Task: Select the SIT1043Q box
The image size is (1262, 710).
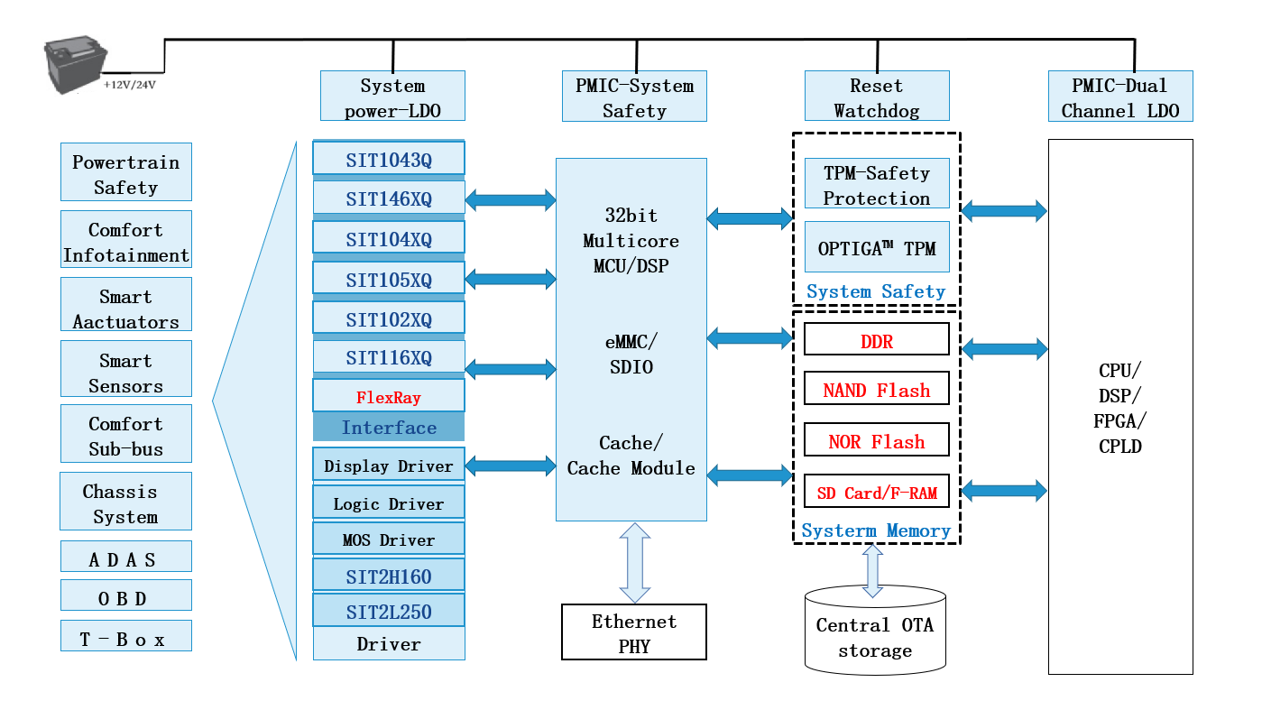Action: (389, 160)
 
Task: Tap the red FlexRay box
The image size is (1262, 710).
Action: (389, 397)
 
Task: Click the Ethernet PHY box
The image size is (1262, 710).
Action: (634, 632)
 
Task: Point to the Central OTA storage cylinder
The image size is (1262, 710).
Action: (875, 631)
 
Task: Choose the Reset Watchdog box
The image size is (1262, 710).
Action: (876, 97)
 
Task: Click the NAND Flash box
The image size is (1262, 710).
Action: (876, 390)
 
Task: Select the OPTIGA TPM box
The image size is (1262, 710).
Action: (876, 248)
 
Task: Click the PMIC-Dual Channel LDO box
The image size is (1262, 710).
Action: (1120, 97)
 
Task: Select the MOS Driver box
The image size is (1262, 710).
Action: (389, 539)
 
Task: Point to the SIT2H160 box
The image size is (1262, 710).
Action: (389, 576)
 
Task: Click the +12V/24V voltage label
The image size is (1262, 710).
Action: (130, 85)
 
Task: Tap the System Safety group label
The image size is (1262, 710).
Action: (876, 291)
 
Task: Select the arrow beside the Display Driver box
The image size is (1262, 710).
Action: (511, 466)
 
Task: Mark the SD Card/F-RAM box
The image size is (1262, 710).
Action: (876, 493)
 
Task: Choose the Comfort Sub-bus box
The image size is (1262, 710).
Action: (126, 436)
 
